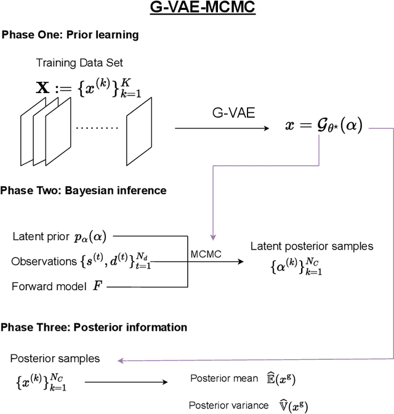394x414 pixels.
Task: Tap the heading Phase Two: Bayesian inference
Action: click(84, 190)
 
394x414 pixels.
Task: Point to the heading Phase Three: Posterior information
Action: click(94, 327)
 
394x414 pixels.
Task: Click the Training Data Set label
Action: click(83, 63)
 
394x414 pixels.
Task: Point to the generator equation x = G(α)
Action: click(323, 126)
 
